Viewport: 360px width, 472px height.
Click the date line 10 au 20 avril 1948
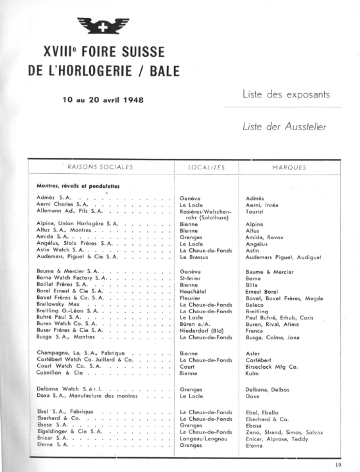[x=103, y=100]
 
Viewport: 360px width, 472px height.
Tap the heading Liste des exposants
[x=286, y=94]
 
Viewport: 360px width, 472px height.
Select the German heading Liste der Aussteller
[x=284, y=126]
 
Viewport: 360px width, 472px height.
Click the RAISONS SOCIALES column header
[x=100, y=167]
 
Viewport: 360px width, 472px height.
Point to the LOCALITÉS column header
[x=207, y=167]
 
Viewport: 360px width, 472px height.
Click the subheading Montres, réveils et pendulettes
[x=78, y=186]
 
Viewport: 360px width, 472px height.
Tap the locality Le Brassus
[x=195, y=257]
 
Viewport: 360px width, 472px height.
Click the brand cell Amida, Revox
[x=265, y=237]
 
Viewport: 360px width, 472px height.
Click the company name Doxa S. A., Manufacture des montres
[x=90, y=396]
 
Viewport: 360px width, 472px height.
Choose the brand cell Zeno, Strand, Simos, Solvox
[x=284, y=432]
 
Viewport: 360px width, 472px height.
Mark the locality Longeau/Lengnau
[x=205, y=439]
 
